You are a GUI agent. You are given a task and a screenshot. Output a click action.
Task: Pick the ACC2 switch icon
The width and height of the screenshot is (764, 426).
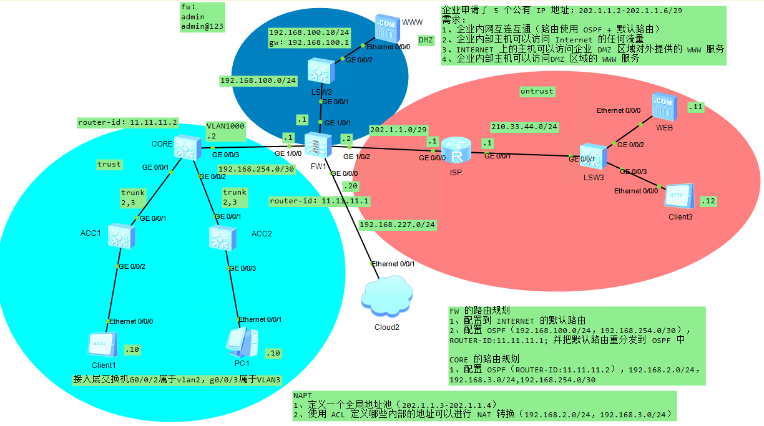pos(223,237)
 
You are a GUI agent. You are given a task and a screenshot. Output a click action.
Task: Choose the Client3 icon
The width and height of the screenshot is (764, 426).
pos(679,196)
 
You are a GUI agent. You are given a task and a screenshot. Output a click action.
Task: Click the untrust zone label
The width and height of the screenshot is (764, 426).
pos(537,91)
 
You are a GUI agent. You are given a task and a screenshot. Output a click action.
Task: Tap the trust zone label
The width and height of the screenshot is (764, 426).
pos(109,164)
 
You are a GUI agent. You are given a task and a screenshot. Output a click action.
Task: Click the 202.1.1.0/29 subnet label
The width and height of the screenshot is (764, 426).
pos(398,129)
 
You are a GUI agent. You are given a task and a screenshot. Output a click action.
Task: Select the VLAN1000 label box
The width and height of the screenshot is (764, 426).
pos(226,130)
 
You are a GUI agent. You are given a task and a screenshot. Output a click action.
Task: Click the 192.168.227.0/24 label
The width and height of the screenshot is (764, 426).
pos(397,224)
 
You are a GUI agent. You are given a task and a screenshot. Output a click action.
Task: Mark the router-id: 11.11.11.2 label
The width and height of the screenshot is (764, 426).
pos(128,122)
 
